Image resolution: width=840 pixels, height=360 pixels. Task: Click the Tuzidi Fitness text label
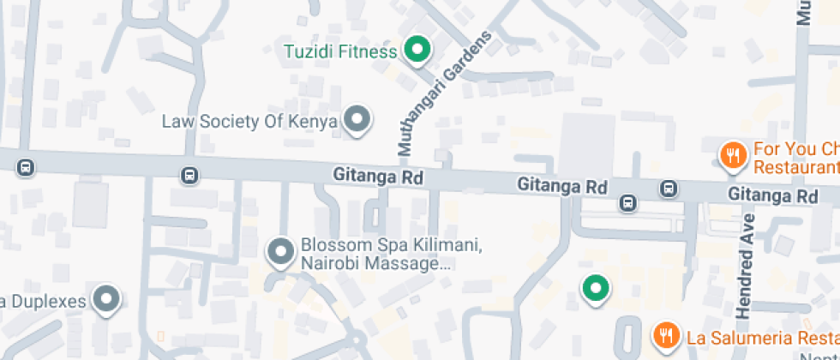pos(340,51)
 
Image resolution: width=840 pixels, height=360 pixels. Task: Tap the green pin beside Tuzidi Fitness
pos(417,50)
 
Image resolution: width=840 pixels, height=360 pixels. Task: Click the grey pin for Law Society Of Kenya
pos(357,120)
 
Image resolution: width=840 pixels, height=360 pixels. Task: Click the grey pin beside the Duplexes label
pos(106,299)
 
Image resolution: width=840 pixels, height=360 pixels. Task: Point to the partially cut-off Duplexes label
pos(43,301)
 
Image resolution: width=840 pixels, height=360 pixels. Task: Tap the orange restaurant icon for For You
pos(732,155)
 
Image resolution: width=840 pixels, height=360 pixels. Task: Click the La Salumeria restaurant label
pos(759,335)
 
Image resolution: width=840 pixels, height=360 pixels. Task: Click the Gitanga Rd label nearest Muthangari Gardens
pos(378,177)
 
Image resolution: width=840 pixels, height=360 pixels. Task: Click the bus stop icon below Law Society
pos(189,176)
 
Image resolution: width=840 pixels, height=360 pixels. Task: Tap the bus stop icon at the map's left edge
pos(27,167)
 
